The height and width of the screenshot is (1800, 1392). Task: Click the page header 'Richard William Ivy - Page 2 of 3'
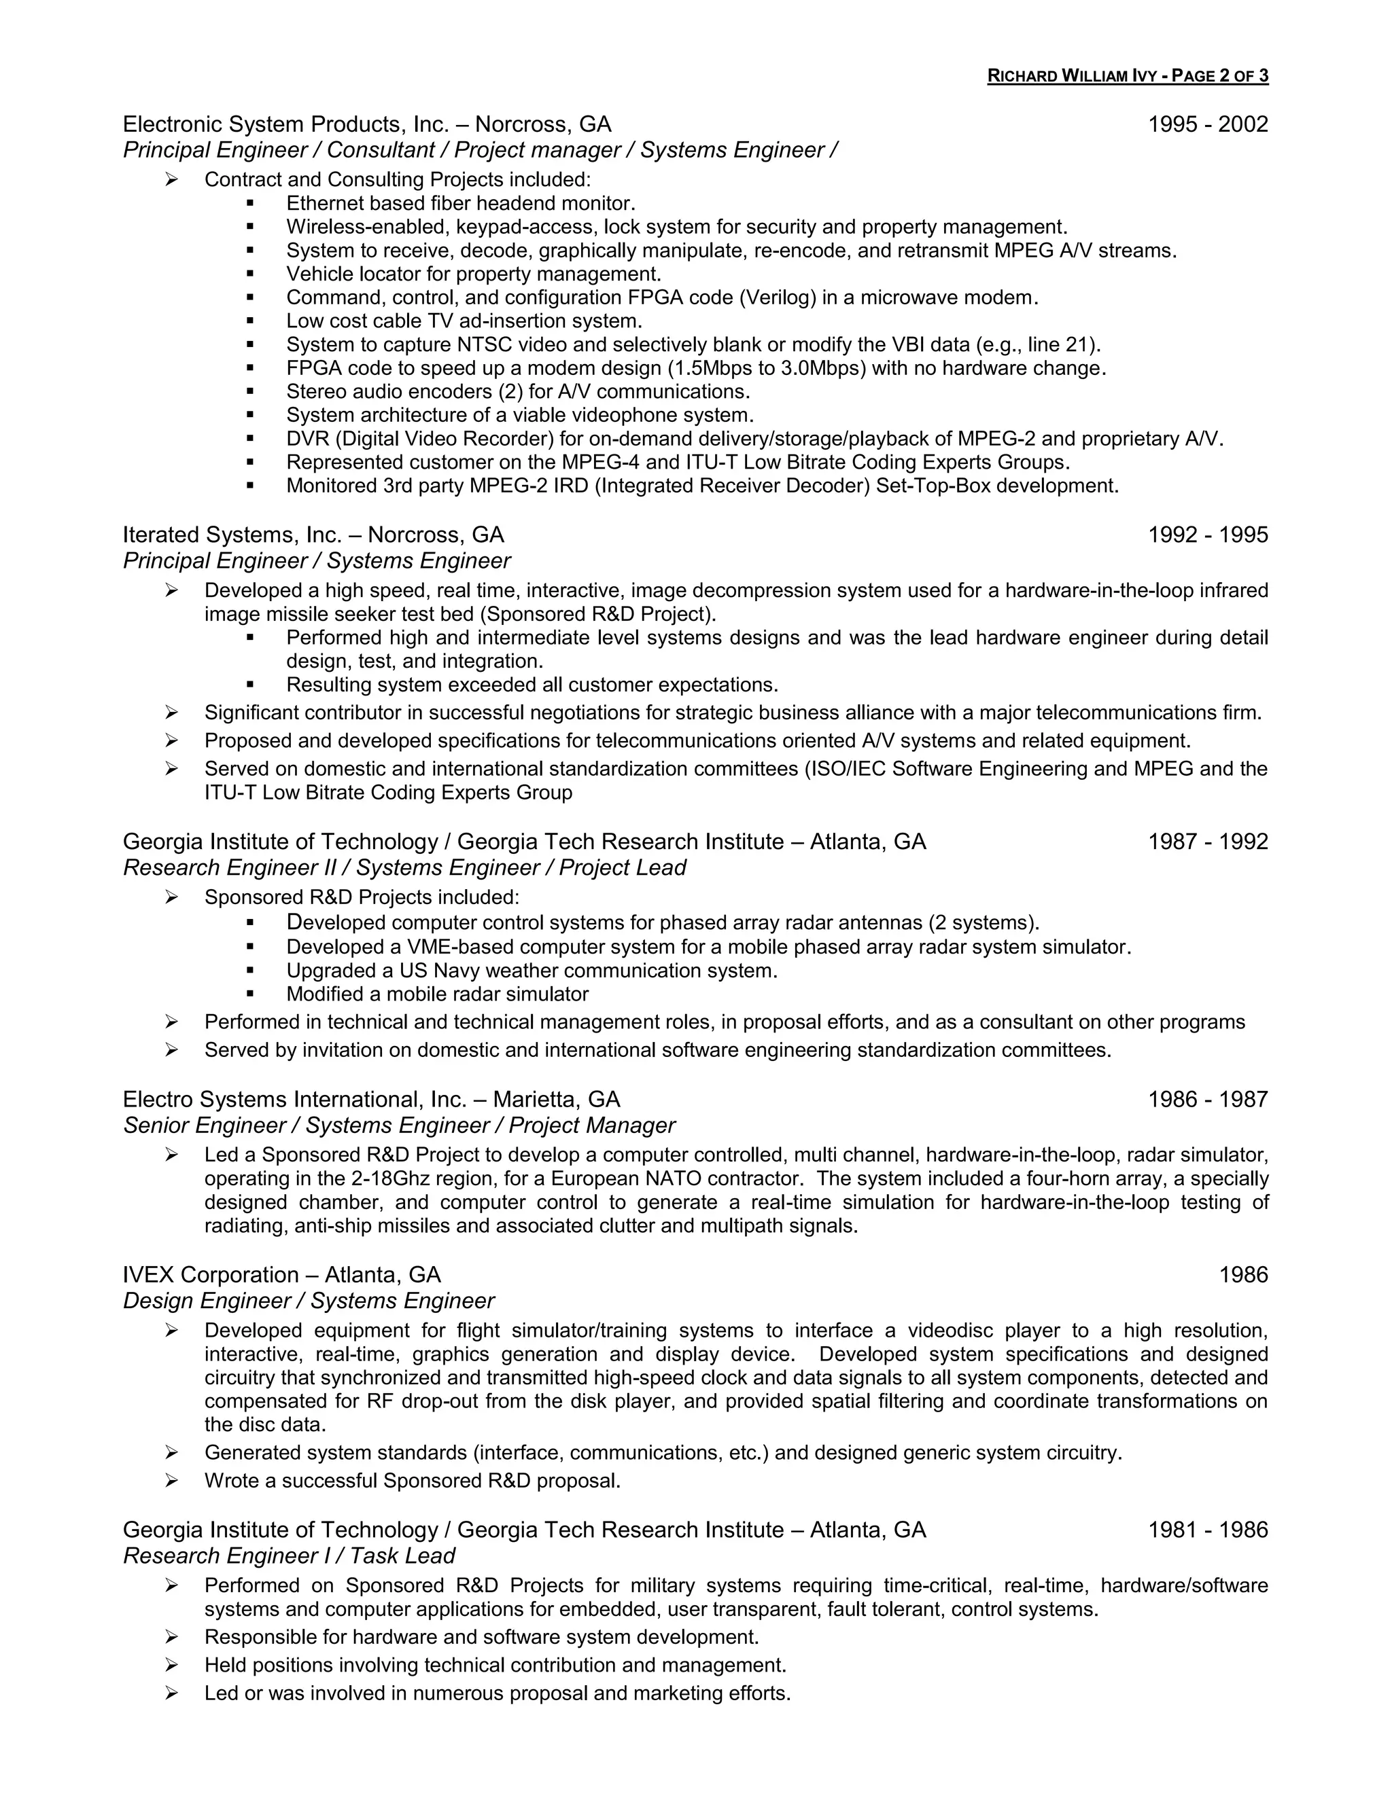click(1128, 77)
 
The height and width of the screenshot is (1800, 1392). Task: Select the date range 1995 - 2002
click(1207, 124)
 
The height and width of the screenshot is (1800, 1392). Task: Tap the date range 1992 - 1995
click(1207, 535)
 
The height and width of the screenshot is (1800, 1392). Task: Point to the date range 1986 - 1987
click(1207, 1100)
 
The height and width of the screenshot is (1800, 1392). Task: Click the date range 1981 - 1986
click(1207, 1530)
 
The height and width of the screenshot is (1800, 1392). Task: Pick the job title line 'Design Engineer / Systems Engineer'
click(309, 1301)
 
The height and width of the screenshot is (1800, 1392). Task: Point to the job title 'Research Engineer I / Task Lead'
click(289, 1555)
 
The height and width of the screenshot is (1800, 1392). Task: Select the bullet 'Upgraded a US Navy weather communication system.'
click(532, 971)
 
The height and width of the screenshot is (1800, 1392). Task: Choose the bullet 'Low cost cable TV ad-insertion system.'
click(464, 321)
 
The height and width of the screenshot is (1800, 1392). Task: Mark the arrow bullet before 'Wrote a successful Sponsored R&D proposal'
click(171, 1481)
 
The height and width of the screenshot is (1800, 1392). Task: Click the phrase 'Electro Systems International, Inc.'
click(304, 1100)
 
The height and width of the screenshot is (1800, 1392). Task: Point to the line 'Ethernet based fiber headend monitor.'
click(461, 204)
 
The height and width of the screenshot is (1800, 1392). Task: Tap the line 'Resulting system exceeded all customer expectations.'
click(532, 685)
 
